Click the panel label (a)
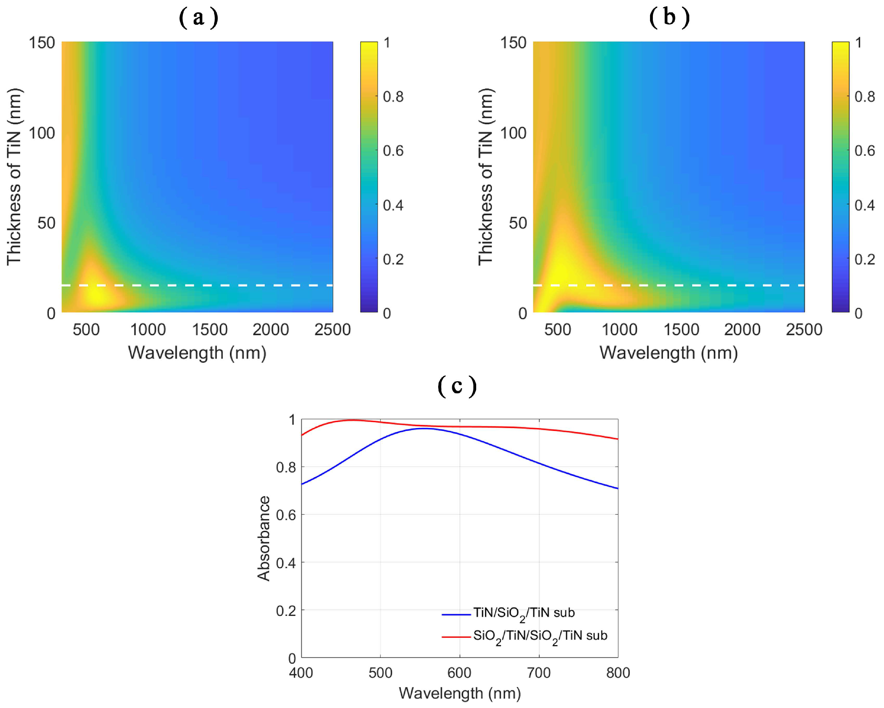[199, 18]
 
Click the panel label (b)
[669, 18]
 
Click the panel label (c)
[457, 386]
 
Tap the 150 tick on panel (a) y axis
[42, 43]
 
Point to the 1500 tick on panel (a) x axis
[210, 329]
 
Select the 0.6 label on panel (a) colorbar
[393, 151]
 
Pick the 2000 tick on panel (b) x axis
[742, 329]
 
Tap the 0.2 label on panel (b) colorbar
[864, 259]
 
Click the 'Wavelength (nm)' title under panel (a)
[197, 353]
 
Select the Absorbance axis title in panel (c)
[264, 538]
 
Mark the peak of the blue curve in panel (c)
[424, 429]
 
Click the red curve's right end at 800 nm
[617, 439]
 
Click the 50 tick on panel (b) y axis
[517, 223]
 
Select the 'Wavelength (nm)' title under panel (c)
[460, 693]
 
